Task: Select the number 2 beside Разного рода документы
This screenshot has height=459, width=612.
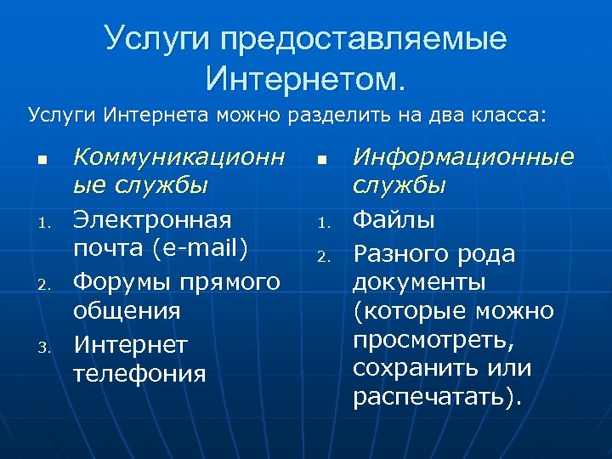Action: [x=321, y=256]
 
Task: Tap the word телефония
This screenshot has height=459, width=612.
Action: [x=139, y=373]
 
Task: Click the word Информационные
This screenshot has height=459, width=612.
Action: [x=463, y=157]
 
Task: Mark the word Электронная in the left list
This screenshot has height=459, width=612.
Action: [x=152, y=219]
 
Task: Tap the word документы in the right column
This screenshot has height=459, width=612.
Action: [x=419, y=281]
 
